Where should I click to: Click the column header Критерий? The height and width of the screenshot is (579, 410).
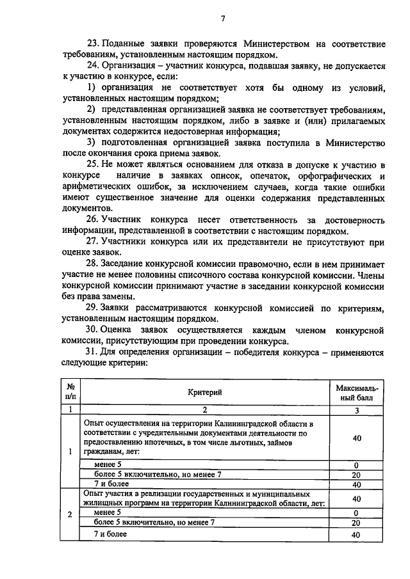pos(205,392)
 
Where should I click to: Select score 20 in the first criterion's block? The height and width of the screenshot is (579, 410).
pos(356,475)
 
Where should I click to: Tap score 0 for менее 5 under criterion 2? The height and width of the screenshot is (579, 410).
pos(356,512)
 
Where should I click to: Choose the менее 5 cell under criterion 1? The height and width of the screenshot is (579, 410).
pos(107,464)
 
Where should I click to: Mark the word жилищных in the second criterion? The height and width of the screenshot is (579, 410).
pos(104,504)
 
